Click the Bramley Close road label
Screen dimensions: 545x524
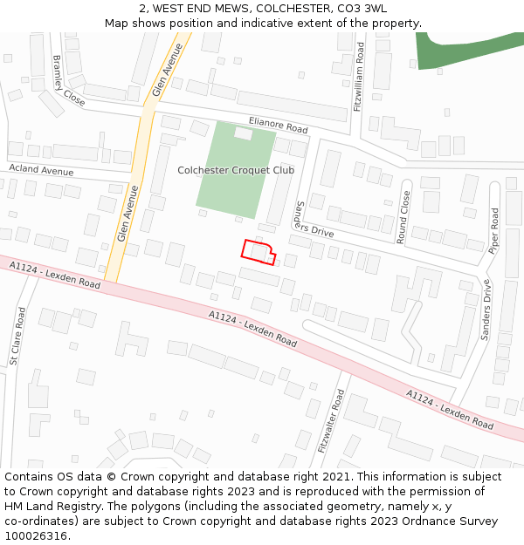tap(69, 81)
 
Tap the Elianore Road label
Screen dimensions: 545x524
tap(278, 126)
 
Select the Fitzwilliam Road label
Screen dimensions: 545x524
tap(359, 79)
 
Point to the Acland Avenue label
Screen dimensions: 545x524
tap(41, 170)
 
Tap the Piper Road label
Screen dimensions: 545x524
tap(494, 230)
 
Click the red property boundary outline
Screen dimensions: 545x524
tap(259, 251)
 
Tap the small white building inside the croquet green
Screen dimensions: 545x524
tap(243, 134)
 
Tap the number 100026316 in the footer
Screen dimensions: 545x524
tap(34, 535)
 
